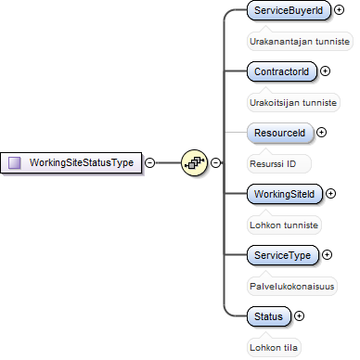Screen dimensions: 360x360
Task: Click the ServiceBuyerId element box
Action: pyautogui.click(x=289, y=10)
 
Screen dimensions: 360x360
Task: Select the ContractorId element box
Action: pyautogui.click(x=282, y=71)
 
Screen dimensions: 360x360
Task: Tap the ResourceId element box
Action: pyautogui.click(x=280, y=133)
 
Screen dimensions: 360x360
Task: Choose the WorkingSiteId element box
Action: pyautogui.click(x=285, y=194)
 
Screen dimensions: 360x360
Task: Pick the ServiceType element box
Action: pyautogui.click(x=283, y=255)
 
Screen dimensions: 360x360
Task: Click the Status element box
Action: pyautogui.click(x=269, y=316)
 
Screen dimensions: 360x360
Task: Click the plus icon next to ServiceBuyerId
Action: pyautogui.click(x=340, y=10)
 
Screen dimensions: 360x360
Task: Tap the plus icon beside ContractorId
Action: pyautogui.click(x=325, y=71)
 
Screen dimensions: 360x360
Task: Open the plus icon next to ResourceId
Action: pyautogui.click(x=322, y=133)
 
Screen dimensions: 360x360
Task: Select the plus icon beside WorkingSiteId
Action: pyautogui.click(x=330, y=194)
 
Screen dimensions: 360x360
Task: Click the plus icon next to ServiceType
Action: pyautogui.click(x=327, y=255)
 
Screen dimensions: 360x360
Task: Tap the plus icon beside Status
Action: pyautogui.click(x=299, y=316)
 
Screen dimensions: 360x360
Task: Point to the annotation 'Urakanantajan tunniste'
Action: pyautogui.click(x=300, y=41)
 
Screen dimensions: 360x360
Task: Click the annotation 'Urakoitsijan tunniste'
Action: pyautogui.click(x=293, y=102)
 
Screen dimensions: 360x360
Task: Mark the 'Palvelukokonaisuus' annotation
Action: pyautogui.click(x=292, y=286)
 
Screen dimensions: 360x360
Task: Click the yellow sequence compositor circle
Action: pyautogui.click(x=194, y=162)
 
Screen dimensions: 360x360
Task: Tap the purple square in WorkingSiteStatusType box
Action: pyautogui.click(x=15, y=162)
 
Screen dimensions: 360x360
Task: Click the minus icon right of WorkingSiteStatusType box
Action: pyautogui.click(x=150, y=162)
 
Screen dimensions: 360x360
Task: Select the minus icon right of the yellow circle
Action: pyautogui.click(x=215, y=162)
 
